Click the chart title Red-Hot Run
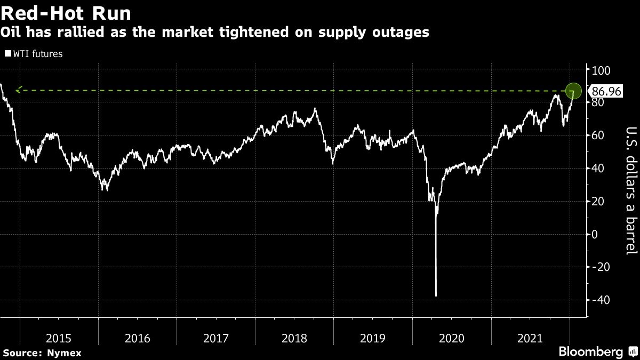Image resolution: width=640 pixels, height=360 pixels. point(66,12)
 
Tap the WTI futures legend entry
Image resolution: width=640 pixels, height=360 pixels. point(34,53)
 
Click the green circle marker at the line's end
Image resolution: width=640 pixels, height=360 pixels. point(573,91)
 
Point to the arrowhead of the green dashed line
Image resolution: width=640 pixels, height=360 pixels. point(18,91)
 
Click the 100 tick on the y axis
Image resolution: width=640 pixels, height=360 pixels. point(600,70)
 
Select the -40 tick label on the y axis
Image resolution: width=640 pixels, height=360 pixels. point(599,300)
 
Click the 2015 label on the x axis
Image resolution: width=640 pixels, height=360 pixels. point(59,338)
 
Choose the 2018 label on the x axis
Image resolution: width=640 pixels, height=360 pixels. point(294,338)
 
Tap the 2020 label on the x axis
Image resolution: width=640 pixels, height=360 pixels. point(452,338)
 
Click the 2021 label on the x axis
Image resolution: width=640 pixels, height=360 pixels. point(530,338)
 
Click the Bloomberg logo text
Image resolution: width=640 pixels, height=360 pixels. point(590,352)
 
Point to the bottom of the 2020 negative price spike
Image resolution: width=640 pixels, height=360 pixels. point(436,295)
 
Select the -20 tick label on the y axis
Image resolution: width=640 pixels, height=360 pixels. point(599,267)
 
